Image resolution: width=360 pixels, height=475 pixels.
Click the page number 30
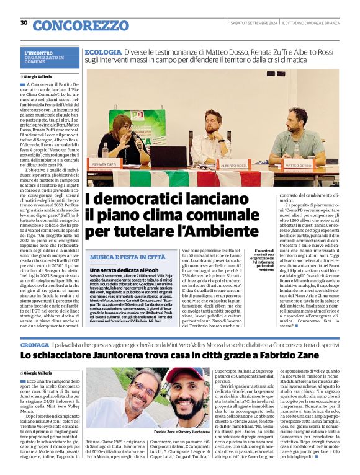tap(24, 23)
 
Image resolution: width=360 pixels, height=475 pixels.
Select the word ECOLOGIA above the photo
tap(103, 53)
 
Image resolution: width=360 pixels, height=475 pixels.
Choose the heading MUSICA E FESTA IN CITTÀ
tap(127, 257)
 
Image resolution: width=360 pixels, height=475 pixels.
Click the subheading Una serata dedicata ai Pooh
tap(122, 270)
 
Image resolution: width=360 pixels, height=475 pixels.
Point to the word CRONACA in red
tap(35, 343)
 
